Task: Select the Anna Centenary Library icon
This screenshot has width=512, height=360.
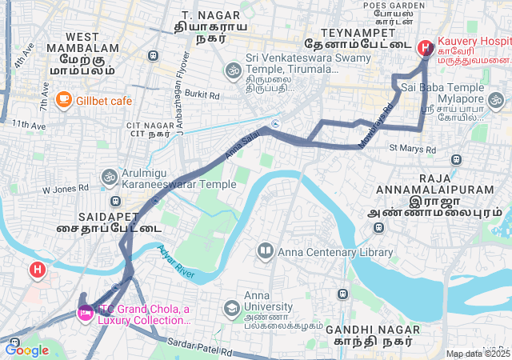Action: click(x=265, y=252)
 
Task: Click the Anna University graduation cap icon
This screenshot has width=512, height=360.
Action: click(x=232, y=308)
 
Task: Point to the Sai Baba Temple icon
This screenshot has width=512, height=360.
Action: click(x=496, y=101)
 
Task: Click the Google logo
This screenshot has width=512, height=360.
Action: click(x=26, y=350)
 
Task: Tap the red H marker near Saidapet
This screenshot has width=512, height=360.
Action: click(x=37, y=270)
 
